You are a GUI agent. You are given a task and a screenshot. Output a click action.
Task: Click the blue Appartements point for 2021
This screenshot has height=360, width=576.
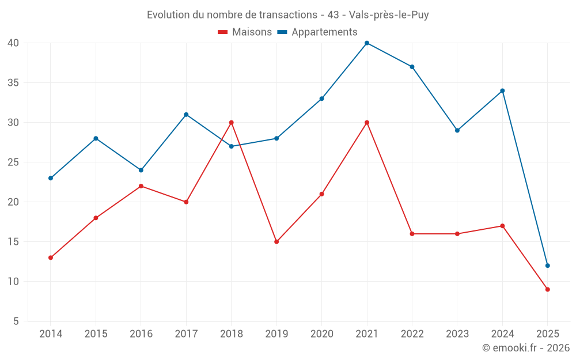(x=367, y=43)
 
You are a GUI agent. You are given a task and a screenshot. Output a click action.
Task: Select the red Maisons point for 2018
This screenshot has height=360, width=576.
(x=232, y=123)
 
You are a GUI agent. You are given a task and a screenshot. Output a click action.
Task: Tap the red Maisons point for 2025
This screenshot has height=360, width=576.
(x=548, y=289)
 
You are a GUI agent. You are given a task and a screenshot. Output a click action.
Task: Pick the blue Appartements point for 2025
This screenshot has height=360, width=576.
(x=548, y=266)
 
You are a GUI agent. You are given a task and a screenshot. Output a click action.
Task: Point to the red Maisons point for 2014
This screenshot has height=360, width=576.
(x=51, y=257)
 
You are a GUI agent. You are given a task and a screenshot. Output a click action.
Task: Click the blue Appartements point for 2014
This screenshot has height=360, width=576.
(x=51, y=178)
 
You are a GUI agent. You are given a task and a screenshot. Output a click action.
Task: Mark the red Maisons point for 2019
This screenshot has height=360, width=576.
(x=276, y=241)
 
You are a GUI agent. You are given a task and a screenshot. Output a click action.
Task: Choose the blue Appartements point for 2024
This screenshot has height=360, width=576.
(x=502, y=90)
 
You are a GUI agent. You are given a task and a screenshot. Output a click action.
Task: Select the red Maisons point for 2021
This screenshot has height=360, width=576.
(x=367, y=123)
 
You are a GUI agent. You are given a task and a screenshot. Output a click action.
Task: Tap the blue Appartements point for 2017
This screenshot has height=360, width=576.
(x=186, y=115)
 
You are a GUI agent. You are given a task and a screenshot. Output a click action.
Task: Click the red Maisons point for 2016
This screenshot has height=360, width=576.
(x=141, y=186)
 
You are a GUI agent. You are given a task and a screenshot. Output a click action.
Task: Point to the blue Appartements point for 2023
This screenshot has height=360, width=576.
(x=457, y=130)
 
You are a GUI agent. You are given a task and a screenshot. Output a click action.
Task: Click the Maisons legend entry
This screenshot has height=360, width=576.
(x=245, y=32)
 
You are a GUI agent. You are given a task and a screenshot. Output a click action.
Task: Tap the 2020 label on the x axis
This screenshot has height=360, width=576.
(x=321, y=334)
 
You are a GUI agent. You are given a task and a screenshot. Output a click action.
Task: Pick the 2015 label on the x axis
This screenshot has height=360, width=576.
(x=96, y=334)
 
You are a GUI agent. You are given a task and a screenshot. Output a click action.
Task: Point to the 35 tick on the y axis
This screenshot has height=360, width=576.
(x=13, y=83)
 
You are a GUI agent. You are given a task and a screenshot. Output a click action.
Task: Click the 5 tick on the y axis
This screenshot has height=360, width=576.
(x=16, y=321)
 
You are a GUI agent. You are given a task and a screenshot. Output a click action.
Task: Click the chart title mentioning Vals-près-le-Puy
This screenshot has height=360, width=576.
(x=288, y=15)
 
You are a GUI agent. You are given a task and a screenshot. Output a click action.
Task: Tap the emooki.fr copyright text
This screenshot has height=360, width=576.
(x=526, y=348)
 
